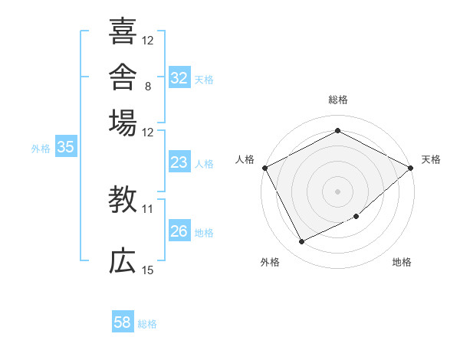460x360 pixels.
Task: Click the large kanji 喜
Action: (x=123, y=31)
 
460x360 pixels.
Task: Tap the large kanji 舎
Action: (x=123, y=77)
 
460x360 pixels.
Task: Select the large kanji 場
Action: (x=123, y=123)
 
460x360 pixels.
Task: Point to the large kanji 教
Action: (x=123, y=199)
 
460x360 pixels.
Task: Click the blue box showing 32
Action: (x=179, y=77)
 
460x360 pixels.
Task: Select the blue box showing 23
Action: (x=179, y=162)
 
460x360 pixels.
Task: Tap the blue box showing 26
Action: (x=179, y=230)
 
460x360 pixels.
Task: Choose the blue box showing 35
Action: (x=66, y=146)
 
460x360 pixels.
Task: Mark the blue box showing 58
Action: (x=123, y=321)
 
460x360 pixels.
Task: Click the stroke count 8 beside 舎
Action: (x=148, y=87)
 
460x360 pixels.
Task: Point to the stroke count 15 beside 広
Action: (x=147, y=270)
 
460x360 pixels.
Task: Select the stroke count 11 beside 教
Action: (x=147, y=209)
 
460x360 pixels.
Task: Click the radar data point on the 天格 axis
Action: (x=411, y=168)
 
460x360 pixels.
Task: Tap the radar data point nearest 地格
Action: (x=356, y=216)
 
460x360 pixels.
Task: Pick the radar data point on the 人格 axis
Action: (x=265, y=168)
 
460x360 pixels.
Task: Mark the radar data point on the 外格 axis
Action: (x=301, y=241)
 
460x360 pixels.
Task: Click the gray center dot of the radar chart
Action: (x=337, y=191)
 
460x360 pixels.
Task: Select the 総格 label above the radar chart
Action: (x=338, y=100)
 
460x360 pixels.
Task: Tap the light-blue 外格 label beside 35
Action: (x=41, y=149)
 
